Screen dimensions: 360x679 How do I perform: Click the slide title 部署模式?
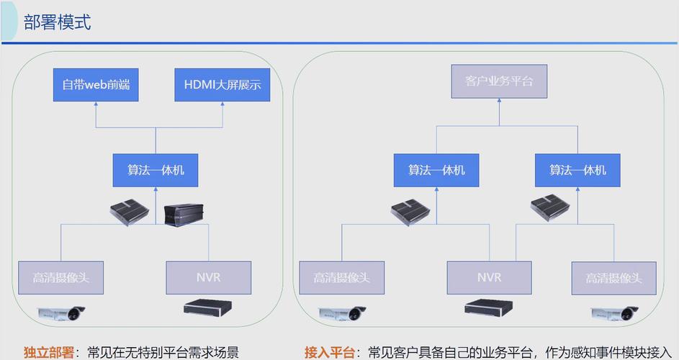58,22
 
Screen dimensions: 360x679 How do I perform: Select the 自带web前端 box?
96,85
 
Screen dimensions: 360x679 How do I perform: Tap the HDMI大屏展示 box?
222,85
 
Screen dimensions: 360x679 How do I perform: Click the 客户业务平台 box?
499,81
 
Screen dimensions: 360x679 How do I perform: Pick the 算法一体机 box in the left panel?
156,170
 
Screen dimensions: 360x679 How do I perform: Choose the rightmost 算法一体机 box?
577,170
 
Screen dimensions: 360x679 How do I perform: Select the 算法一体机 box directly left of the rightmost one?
436,170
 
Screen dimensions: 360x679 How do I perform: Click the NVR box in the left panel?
208,277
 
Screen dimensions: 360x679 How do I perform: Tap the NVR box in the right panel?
489,277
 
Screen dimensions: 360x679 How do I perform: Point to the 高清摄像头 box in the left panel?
60,277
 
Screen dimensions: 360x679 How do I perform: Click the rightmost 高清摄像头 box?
614,277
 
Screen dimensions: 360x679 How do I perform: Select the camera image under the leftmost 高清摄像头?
62,312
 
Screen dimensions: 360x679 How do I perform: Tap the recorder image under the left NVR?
208,308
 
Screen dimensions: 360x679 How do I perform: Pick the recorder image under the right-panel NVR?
489,308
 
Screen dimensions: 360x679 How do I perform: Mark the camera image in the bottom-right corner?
614,312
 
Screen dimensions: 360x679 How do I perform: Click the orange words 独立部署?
48,352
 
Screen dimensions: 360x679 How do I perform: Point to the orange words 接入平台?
330,352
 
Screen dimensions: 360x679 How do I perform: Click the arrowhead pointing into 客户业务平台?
499,102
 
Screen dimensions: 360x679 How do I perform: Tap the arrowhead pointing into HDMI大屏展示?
222,105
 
